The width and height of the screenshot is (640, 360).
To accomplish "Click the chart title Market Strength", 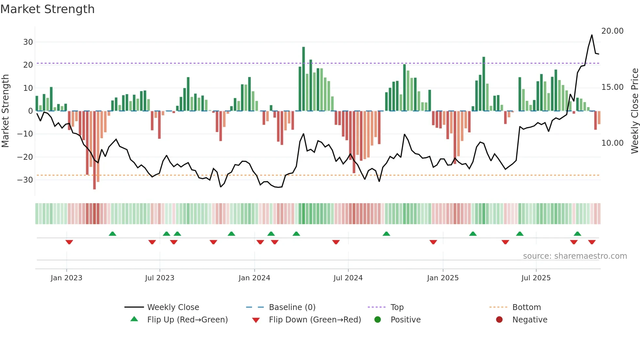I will [x=47, y=9].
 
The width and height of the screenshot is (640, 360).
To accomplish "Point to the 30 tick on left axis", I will [x=28, y=42].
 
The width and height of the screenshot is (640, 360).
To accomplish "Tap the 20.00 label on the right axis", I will [x=612, y=31].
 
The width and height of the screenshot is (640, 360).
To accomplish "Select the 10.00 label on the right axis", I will [x=612, y=143].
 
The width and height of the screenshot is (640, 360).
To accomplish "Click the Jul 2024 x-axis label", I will [x=348, y=278].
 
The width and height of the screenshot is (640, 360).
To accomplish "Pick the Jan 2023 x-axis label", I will [x=66, y=278].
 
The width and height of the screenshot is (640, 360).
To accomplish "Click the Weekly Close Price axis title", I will [x=634, y=111].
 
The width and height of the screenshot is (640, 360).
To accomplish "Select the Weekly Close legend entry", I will [x=173, y=307].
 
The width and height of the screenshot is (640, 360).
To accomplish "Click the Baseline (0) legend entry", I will [x=292, y=307].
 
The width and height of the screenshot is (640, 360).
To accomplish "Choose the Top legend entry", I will [x=397, y=307].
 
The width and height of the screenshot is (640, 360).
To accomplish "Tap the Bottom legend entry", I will [x=526, y=307].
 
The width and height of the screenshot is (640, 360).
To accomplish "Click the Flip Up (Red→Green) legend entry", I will [x=187, y=320].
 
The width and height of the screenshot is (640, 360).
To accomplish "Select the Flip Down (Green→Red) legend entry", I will [x=315, y=320].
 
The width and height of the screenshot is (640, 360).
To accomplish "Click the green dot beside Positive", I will [x=378, y=319].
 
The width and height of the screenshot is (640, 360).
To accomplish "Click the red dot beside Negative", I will [x=499, y=319].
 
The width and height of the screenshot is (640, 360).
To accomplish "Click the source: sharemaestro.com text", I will [x=575, y=256].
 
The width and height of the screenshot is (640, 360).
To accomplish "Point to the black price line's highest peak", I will [x=592, y=35].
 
